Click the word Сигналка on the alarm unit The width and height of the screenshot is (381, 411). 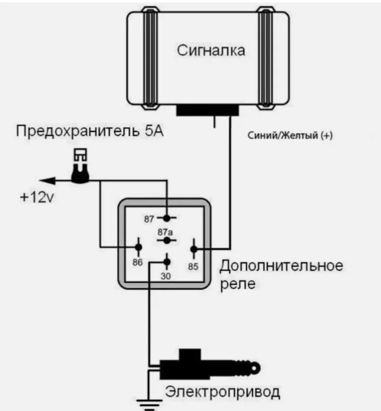211,51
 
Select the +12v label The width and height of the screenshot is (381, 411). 36,197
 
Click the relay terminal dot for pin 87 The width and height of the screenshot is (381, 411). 167,218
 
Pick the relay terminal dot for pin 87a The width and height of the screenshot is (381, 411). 167,241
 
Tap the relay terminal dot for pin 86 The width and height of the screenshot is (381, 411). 139,247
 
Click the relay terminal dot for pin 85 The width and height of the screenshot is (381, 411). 194,249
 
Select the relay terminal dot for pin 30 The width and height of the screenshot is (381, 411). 167,262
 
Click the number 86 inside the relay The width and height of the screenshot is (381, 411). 137,262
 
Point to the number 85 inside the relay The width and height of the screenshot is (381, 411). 193,267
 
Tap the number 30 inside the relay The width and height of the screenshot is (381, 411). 166,276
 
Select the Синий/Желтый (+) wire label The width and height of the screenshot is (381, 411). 290,136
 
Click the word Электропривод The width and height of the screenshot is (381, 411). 223,392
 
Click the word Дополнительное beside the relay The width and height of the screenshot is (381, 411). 281,265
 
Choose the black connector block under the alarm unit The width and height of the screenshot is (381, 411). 208,110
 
